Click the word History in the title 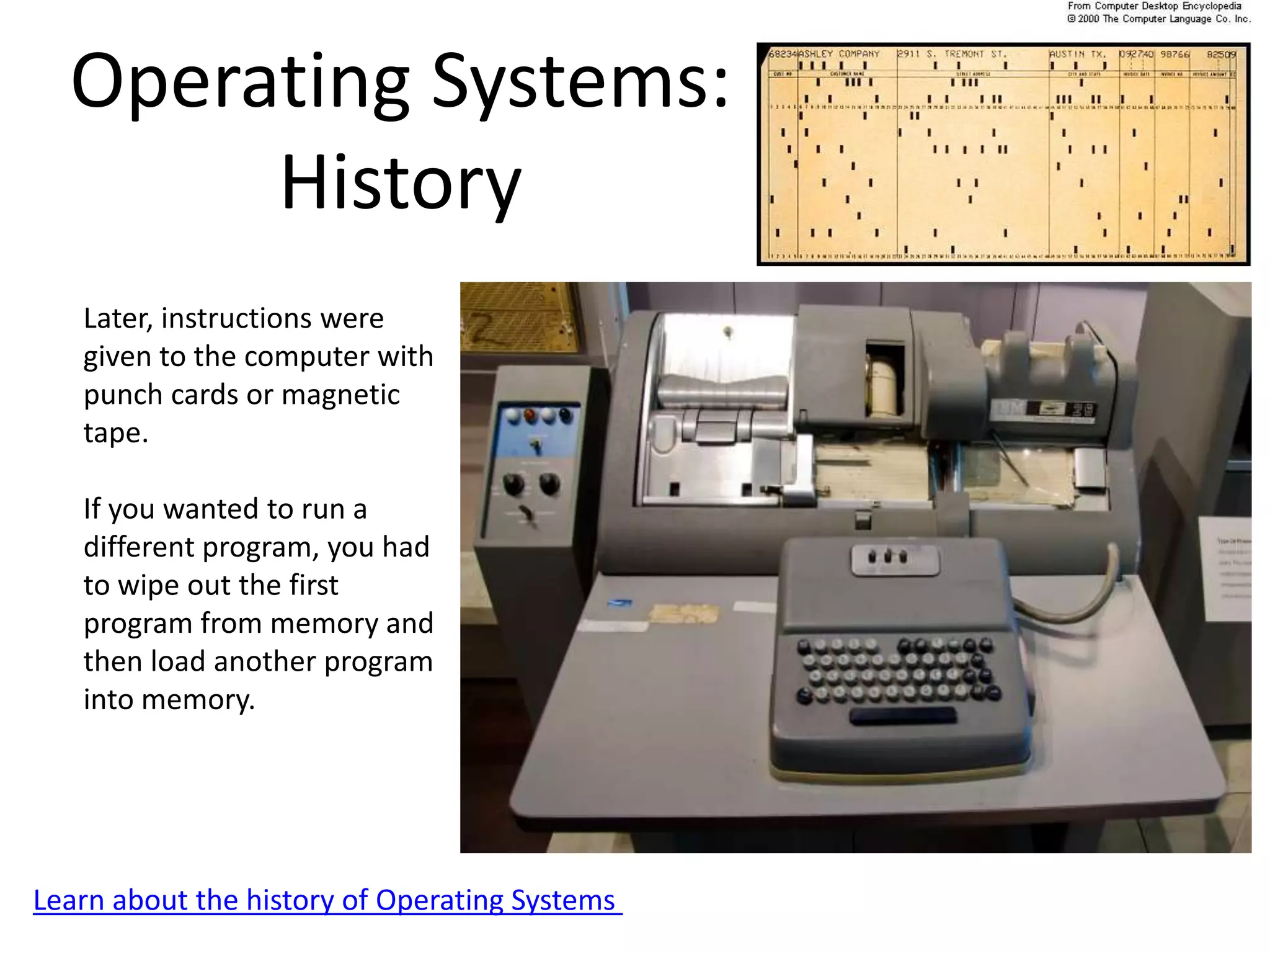point(401,182)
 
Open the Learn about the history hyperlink point(327,900)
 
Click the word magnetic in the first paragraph point(340,395)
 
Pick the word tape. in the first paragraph point(116,433)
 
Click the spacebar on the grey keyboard point(902,717)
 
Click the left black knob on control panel point(514,483)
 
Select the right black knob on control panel point(549,483)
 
